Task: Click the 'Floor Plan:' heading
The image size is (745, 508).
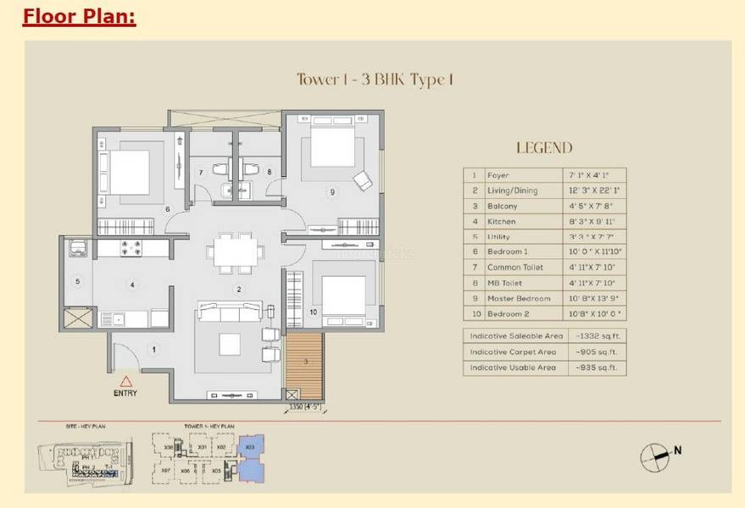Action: click(79, 16)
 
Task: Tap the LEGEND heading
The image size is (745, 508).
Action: click(543, 147)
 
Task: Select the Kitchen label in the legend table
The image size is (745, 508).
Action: click(501, 221)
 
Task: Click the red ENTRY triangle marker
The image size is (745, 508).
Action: click(126, 382)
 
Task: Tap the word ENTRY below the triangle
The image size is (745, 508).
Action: click(126, 395)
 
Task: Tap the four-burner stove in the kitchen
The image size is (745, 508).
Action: click(133, 249)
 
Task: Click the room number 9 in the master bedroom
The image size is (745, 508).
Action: click(332, 192)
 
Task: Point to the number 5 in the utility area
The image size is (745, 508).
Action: click(77, 282)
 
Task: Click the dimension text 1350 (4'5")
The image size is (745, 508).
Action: click(306, 406)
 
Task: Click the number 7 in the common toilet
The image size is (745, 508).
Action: click(201, 173)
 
